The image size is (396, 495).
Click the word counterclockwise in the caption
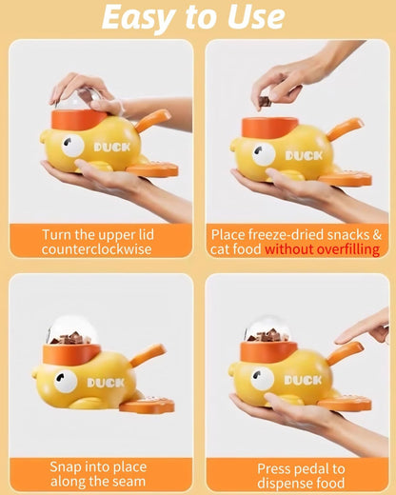click(98, 248)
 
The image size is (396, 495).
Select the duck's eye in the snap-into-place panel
click(65, 382)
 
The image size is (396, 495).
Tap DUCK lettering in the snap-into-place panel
click(105, 382)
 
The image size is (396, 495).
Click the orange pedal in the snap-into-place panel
click(148, 405)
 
